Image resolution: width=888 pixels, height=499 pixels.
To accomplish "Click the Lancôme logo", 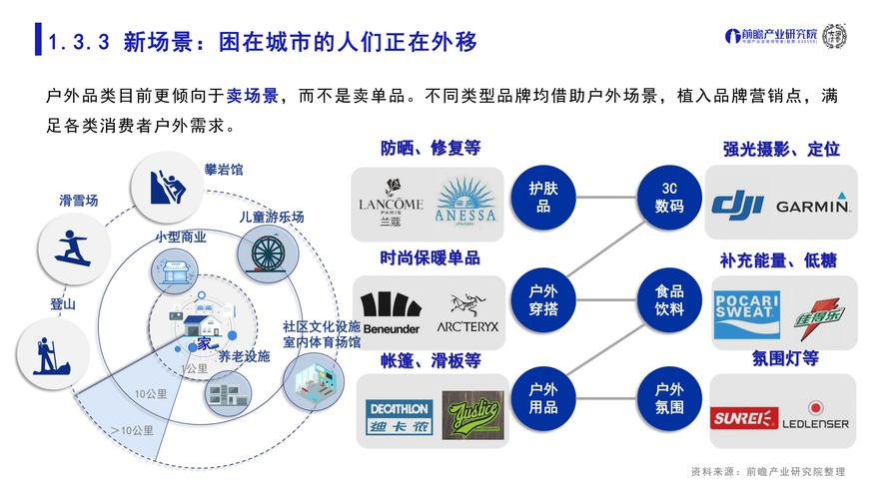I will (391, 203).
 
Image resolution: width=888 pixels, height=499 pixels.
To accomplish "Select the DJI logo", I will (737, 204).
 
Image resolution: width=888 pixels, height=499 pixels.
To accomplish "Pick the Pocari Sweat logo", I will (746, 314).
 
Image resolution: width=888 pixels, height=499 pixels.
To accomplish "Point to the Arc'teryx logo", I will (466, 313).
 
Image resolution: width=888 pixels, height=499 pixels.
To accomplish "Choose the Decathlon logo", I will (398, 419).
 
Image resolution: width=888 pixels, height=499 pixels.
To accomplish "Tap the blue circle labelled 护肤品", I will (543, 196).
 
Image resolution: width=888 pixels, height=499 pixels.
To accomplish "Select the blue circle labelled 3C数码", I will (669, 196).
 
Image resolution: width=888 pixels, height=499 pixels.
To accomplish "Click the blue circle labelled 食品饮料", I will (669, 300).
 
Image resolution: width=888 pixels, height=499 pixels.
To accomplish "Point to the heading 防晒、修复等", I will (430, 149).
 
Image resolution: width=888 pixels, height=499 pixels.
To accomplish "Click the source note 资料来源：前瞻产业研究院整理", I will (767, 471).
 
